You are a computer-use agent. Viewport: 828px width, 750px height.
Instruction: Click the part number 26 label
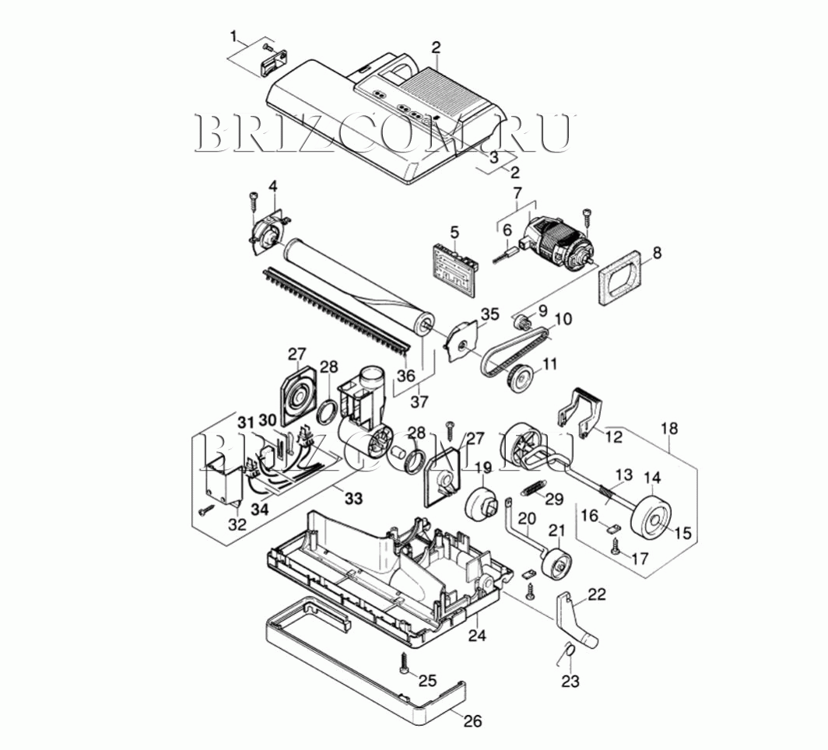(472, 720)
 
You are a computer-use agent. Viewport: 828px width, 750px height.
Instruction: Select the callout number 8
(656, 253)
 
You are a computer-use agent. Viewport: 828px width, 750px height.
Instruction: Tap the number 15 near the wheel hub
(682, 533)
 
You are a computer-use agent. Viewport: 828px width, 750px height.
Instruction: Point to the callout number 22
(597, 594)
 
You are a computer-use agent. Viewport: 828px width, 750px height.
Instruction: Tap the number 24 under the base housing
(477, 636)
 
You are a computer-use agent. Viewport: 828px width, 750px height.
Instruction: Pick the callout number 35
(489, 314)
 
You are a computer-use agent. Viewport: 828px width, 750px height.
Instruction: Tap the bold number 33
(354, 497)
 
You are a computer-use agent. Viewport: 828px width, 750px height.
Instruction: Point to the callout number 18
(668, 428)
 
